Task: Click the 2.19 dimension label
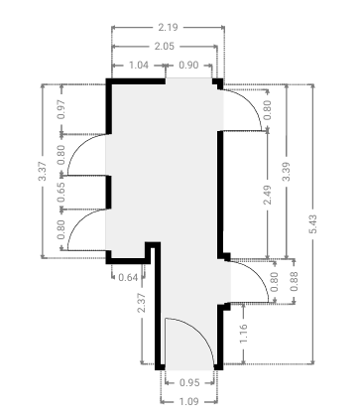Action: tap(168, 27)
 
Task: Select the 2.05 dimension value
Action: tap(165, 46)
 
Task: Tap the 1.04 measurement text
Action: tap(139, 65)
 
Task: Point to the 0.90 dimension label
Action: tap(188, 65)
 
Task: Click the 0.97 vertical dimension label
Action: tap(61, 109)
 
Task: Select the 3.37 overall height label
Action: tap(43, 171)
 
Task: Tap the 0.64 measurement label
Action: tap(128, 277)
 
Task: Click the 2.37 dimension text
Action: tap(142, 303)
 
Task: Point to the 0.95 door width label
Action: tap(189, 383)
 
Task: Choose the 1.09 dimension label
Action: tap(189, 402)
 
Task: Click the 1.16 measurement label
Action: tap(243, 334)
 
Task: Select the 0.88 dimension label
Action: tap(294, 281)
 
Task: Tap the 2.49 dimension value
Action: tap(268, 195)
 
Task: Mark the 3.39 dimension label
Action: tap(287, 172)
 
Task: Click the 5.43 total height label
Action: tap(313, 224)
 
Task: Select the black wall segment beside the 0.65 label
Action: tap(108, 193)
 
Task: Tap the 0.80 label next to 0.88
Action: tap(275, 282)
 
